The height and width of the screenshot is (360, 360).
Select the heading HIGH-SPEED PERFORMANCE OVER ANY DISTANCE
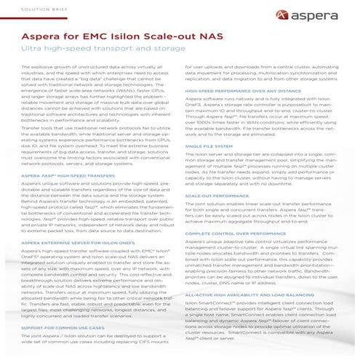(x=234, y=92)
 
